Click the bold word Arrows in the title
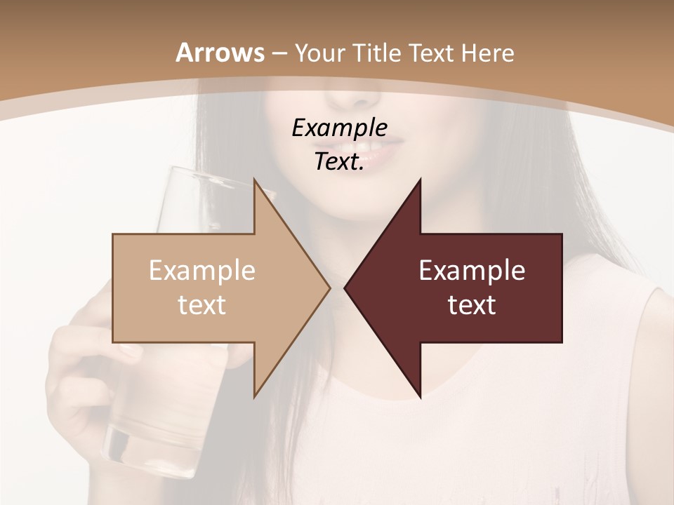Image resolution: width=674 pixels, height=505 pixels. pos(220,53)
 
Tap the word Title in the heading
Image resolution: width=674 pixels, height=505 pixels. pos(378,53)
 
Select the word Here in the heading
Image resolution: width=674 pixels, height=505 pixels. pos(489,53)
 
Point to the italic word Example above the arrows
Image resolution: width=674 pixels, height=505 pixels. pos(339,128)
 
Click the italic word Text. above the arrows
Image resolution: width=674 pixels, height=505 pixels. pos(339,162)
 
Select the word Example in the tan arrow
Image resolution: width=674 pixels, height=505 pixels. pos(201,271)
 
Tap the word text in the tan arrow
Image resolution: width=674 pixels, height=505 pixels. pos(201,305)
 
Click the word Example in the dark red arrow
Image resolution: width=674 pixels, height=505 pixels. pos(472,271)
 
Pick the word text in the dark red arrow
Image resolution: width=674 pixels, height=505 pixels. pos(472,305)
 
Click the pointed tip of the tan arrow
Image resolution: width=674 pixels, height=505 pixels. pos(329,288)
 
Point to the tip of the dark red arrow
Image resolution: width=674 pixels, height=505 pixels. pos(345,288)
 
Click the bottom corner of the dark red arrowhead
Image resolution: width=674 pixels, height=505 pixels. pos(420,396)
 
